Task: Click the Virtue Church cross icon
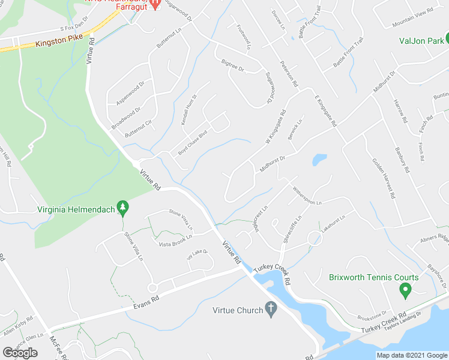[x=271, y=310]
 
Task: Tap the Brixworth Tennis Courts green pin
[x=405, y=291]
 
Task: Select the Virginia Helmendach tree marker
[x=123, y=208]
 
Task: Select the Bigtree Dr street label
[x=233, y=65]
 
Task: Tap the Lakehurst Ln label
[x=334, y=224]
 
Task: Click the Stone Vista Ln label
[x=181, y=220]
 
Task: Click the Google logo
[x=20, y=352]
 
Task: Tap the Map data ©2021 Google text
[x=411, y=355]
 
